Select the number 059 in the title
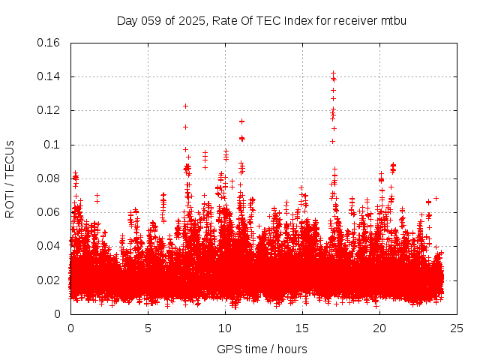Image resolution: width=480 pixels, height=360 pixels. click(151, 20)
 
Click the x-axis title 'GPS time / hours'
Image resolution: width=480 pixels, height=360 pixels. click(262, 349)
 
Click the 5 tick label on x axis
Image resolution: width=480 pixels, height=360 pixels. click(148, 328)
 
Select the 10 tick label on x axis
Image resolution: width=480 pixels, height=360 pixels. click(225, 328)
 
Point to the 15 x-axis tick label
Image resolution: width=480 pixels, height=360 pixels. click(302, 328)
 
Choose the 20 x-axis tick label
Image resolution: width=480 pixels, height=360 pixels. click(380, 328)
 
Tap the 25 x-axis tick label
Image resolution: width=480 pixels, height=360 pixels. click(457, 328)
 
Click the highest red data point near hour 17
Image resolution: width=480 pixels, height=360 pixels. click(333, 73)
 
